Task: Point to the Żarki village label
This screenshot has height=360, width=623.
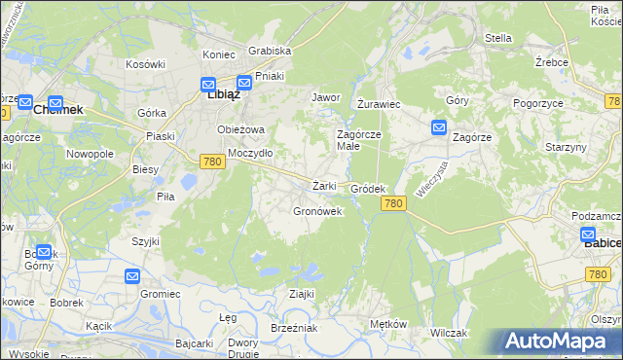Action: [x=324, y=186]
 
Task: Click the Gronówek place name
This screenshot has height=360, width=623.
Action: [x=317, y=210]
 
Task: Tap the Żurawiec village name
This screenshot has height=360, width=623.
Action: [x=379, y=103]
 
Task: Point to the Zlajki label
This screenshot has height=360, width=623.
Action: [x=301, y=293]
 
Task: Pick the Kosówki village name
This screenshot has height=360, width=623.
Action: [x=145, y=63]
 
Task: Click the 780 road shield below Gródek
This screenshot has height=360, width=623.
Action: [x=393, y=203]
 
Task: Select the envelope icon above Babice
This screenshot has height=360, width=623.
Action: [x=588, y=234]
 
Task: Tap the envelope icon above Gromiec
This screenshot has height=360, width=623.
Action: [x=132, y=277]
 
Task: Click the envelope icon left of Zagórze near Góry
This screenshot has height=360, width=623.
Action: [x=438, y=126]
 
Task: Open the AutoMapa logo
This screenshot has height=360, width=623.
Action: [x=558, y=342]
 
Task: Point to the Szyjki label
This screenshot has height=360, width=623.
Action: [x=146, y=240]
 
